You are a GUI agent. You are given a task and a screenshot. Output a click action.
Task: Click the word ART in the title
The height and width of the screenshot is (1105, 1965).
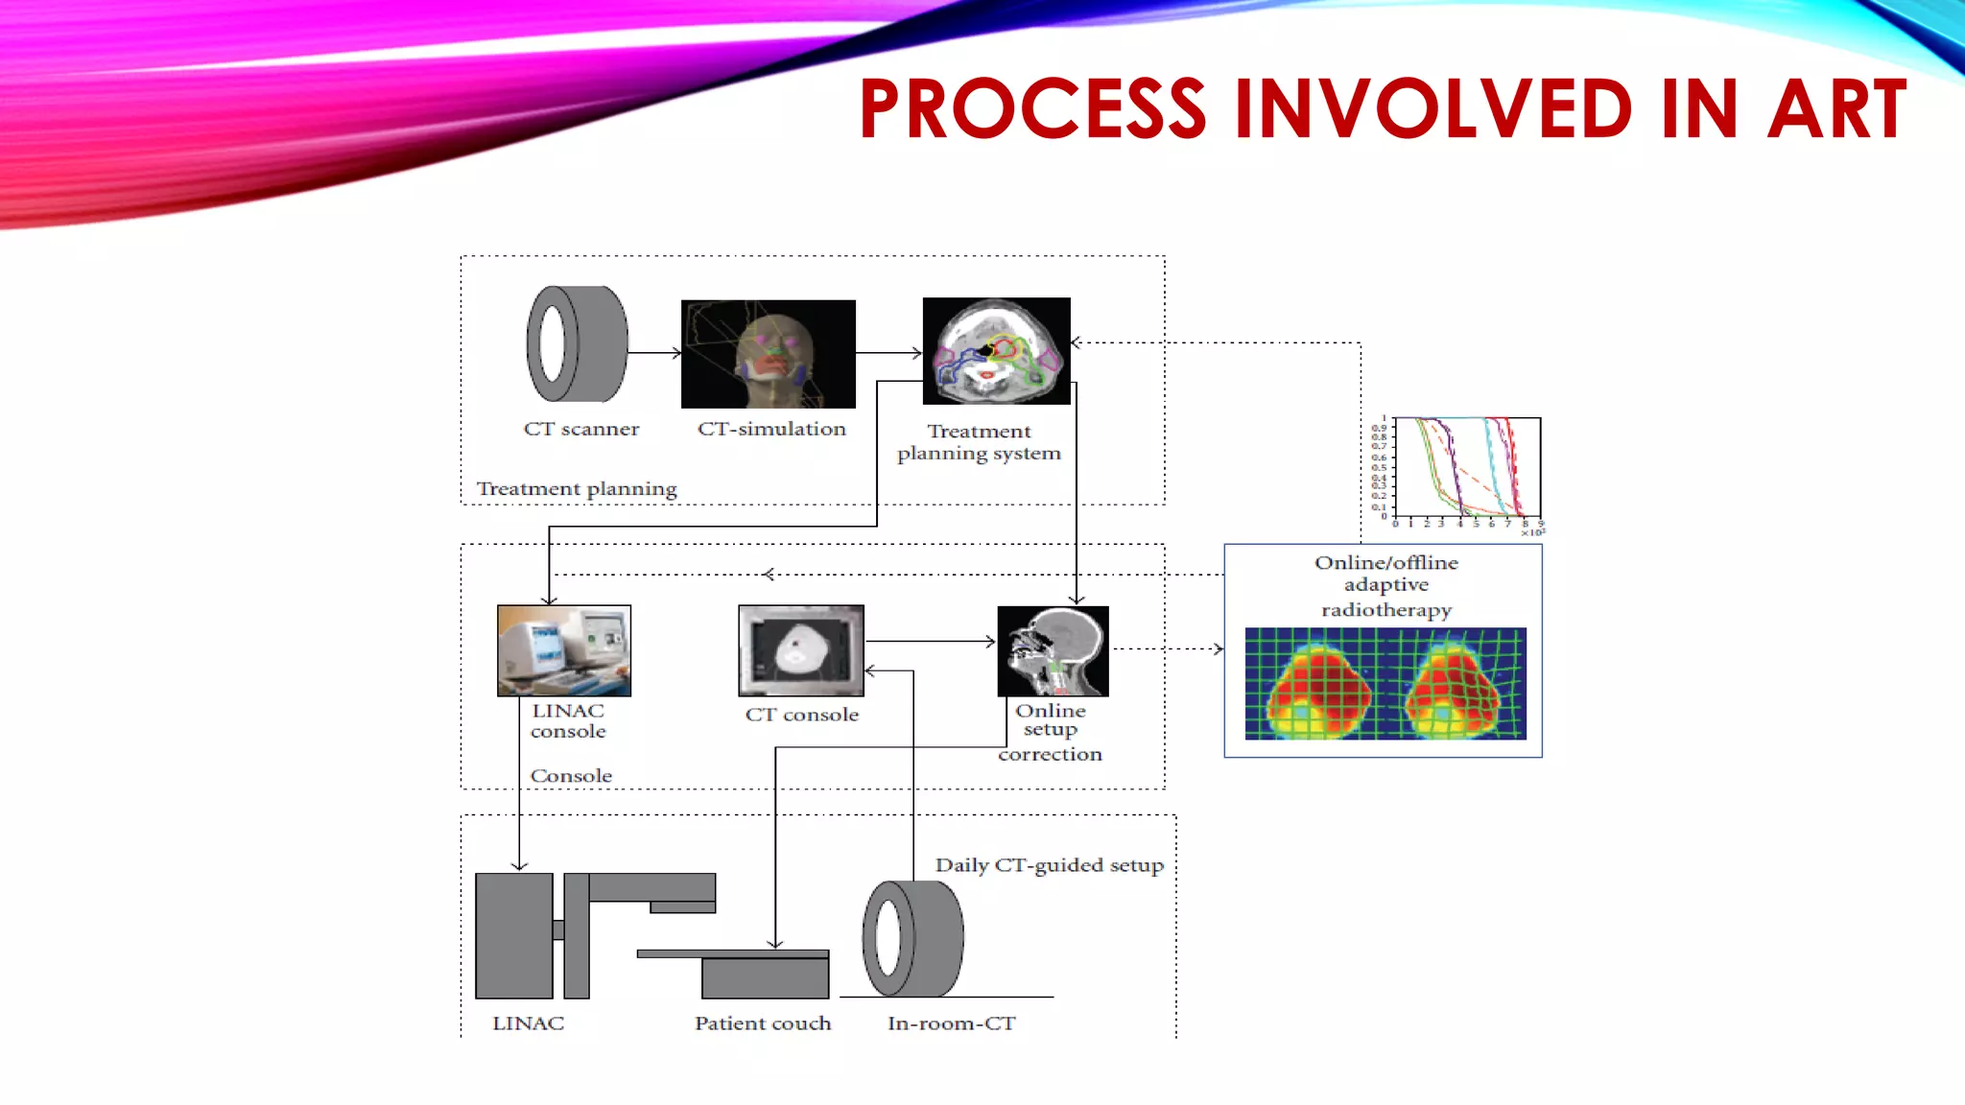[x=1836, y=108]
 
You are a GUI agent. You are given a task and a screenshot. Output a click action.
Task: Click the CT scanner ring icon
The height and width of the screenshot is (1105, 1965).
[x=577, y=343]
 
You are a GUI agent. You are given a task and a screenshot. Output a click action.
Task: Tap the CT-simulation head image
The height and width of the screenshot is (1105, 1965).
[x=768, y=354]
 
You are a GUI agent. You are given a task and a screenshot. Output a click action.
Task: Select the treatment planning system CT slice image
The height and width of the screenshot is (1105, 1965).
[x=996, y=350]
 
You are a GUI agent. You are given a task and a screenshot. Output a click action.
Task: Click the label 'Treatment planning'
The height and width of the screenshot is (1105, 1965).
[x=577, y=489]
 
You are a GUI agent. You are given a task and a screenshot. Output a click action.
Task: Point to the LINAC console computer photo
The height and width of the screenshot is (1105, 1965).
[x=564, y=650]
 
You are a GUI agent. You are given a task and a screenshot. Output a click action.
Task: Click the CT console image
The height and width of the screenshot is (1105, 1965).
[x=801, y=650]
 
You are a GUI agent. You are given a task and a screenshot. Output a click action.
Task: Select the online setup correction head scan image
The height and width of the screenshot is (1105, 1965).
[x=1053, y=651]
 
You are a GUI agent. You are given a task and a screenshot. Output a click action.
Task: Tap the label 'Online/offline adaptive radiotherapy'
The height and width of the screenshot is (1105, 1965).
[x=1385, y=585]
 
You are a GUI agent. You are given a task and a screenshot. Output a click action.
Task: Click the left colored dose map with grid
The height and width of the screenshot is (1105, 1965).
[x=1318, y=684]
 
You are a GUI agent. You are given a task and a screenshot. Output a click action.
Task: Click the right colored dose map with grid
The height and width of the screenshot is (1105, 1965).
[x=1454, y=684]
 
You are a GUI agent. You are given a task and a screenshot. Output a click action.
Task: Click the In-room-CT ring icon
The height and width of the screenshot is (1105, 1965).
[x=912, y=938]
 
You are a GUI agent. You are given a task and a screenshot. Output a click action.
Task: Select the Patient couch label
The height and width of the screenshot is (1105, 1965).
[x=763, y=1023]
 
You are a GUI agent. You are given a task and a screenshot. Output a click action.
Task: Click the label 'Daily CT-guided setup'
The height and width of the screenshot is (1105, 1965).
[x=1049, y=865]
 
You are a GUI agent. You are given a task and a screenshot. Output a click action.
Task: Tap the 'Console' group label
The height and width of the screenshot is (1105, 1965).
[x=571, y=776]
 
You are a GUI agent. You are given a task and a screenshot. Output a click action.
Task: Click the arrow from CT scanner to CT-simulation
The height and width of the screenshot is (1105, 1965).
[x=654, y=353]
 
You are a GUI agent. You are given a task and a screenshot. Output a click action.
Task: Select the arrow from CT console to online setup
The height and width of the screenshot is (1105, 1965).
[x=930, y=641]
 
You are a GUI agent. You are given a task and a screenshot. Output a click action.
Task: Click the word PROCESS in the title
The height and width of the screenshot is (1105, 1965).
[x=1032, y=108]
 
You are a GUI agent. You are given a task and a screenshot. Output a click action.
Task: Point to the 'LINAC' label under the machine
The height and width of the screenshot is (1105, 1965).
[x=528, y=1023]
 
